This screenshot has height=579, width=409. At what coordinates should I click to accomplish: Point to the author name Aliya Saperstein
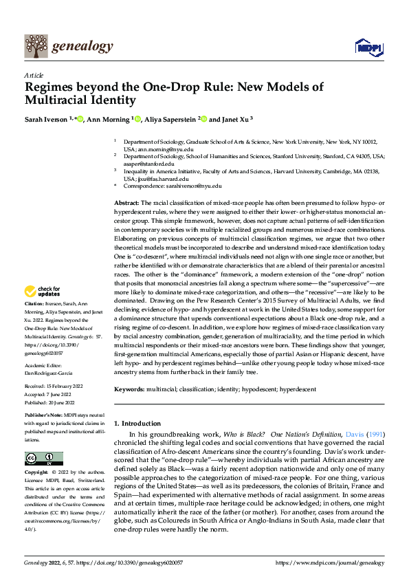(x=170, y=119)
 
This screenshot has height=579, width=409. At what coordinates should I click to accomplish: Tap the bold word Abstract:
(x=125, y=204)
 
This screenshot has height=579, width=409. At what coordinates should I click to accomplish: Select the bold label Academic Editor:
(x=45, y=367)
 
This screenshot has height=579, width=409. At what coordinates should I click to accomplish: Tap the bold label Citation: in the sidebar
(x=34, y=322)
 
